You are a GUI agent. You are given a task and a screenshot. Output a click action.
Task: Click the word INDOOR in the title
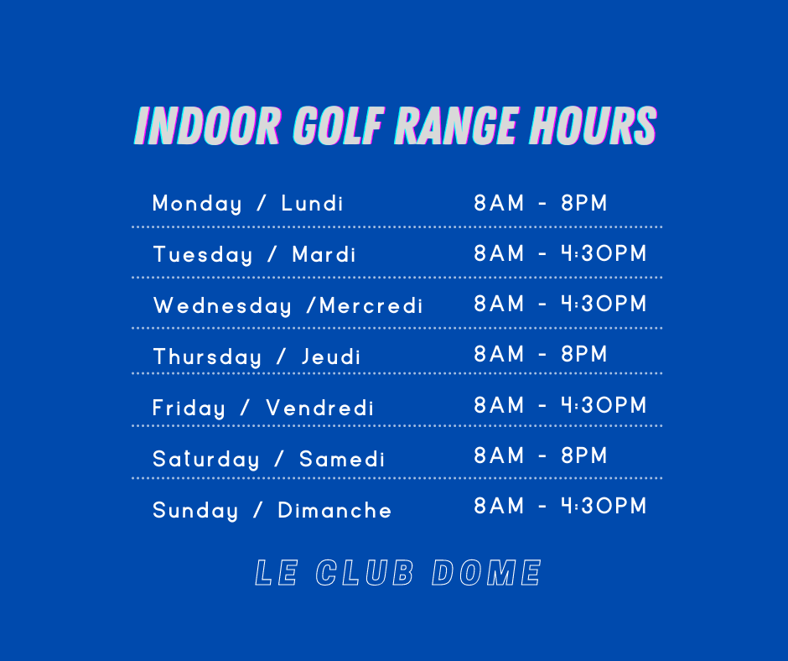(206, 126)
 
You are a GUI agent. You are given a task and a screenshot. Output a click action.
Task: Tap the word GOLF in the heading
(338, 126)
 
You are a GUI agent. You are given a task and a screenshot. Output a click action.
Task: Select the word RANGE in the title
(456, 126)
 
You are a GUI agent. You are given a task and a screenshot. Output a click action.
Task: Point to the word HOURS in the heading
(593, 126)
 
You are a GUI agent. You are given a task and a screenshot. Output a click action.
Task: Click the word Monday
(197, 204)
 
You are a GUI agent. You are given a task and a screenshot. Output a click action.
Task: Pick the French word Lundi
(312, 203)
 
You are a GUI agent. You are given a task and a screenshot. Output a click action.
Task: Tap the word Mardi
(324, 254)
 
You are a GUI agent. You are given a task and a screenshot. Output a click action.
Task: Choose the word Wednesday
(223, 306)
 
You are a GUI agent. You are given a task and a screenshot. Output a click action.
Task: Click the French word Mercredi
(371, 305)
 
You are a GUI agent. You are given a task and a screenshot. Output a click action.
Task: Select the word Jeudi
(330, 357)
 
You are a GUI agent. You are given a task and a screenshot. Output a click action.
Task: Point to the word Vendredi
(319, 408)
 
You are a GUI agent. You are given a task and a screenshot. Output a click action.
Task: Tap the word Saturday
(206, 460)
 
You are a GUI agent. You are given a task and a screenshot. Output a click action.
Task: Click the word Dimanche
(334, 510)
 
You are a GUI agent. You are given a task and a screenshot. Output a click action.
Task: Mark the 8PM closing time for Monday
(584, 203)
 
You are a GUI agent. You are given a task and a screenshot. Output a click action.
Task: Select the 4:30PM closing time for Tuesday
(604, 253)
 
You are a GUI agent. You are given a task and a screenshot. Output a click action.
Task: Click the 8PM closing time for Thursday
(584, 354)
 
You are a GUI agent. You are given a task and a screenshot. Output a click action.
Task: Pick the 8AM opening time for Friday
(499, 405)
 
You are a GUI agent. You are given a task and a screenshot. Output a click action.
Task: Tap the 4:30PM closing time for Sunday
(604, 506)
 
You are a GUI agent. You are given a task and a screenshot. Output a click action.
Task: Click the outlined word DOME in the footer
(486, 572)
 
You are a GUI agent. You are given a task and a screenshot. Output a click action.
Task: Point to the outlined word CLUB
(365, 572)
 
